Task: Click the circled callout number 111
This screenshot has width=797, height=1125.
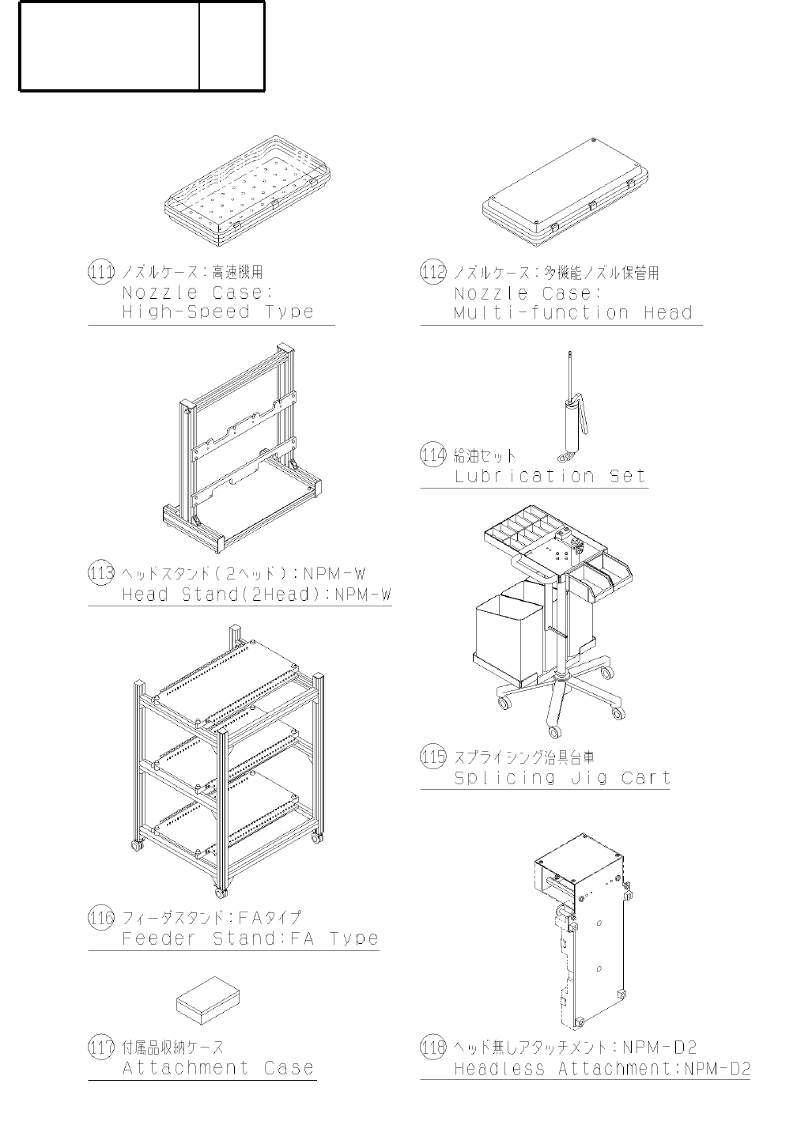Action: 100,272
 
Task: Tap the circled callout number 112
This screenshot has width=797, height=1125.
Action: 432,272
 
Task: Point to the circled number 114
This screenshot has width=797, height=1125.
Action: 432,455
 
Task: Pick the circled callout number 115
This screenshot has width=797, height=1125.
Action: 432,757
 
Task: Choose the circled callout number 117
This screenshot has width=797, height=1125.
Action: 100,1048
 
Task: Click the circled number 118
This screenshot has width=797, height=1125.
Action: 432,1048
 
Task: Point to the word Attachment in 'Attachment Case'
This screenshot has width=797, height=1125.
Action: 186,1069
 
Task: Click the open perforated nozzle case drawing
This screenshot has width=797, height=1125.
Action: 247,191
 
